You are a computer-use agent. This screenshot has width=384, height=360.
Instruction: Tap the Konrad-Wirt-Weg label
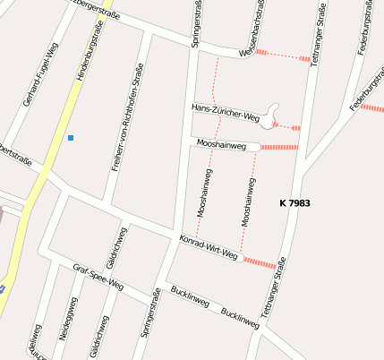click(x=208, y=248)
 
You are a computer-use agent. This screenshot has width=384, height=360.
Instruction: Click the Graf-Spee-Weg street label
click(x=98, y=279)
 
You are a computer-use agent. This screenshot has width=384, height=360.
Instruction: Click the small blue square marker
click(x=70, y=138)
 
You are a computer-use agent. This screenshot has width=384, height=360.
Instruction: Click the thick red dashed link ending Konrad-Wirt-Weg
click(x=260, y=263)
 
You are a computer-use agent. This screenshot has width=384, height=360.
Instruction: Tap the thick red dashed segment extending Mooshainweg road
click(x=279, y=147)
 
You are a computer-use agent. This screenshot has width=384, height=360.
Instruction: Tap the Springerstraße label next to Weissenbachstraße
click(x=197, y=24)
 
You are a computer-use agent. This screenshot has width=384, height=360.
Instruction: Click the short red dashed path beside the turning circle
click(x=291, y=127)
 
